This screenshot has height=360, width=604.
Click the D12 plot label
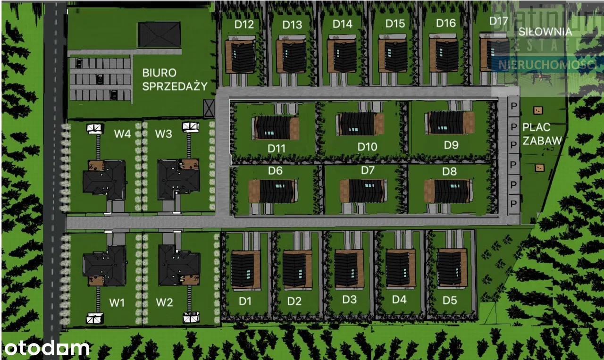[244, 25]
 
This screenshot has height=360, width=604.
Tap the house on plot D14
[342, 56]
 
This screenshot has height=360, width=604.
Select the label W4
[122, 134]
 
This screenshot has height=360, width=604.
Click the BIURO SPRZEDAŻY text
[175, 79]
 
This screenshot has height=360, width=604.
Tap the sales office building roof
[159, 34]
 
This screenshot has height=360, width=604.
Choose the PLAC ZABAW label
[542, 134]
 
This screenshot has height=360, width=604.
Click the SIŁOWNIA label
[545, 32]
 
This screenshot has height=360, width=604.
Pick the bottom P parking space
[514, 203]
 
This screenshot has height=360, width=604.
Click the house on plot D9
[450, 122]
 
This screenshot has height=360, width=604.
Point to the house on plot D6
[273, 191]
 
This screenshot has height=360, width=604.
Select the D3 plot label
[349, 299]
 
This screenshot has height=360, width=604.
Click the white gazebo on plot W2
[191, 318]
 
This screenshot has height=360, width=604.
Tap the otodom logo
[47, 348]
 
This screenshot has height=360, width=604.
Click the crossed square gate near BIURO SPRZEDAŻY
[209, 108]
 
